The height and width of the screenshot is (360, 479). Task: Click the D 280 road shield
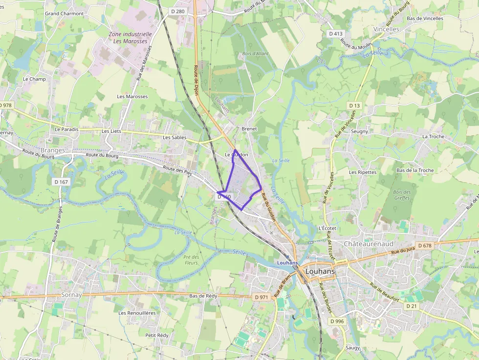178,11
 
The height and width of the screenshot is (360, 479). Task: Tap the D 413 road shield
335,34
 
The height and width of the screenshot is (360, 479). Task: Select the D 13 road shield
354,106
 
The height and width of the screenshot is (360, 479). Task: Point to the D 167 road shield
61,182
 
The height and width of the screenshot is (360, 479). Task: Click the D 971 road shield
262,297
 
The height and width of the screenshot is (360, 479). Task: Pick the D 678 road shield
424,245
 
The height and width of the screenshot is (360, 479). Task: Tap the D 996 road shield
337,321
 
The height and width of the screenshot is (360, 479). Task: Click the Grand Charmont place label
65,14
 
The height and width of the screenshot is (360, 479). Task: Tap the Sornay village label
72,295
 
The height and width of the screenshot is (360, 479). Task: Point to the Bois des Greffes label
402,195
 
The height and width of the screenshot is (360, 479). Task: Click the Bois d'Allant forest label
255,54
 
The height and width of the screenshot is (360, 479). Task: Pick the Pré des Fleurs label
192,260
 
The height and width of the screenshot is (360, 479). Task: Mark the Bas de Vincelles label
425,19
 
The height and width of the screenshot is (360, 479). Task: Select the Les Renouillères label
137,313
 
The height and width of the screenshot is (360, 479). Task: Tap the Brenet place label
249,128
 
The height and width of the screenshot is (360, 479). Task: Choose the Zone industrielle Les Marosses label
130,38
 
